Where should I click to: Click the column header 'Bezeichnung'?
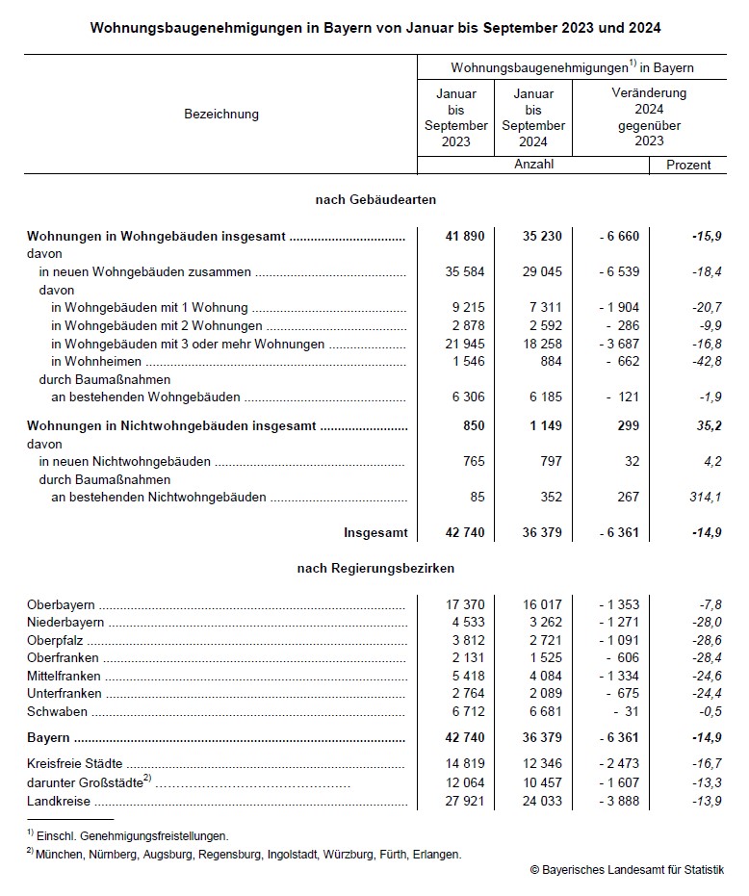click(220, 114)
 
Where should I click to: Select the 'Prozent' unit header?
click(688, 165)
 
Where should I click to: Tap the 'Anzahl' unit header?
click(533, 165)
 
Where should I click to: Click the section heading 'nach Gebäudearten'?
click(375, 199)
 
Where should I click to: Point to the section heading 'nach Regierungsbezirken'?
click(375, 569)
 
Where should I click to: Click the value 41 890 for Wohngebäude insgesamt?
click(463, 236)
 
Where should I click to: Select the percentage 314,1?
click(704, 497)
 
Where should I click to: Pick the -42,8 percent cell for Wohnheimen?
click(706, 362)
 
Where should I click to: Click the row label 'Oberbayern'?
click(61, 604)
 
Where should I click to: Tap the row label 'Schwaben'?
click(57, 712)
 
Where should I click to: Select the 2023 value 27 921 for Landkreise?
click(463, 801)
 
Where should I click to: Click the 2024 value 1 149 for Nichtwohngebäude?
click(543, 425)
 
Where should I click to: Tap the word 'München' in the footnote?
click(60, 854)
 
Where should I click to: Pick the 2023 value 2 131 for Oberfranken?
click(466, 658)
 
